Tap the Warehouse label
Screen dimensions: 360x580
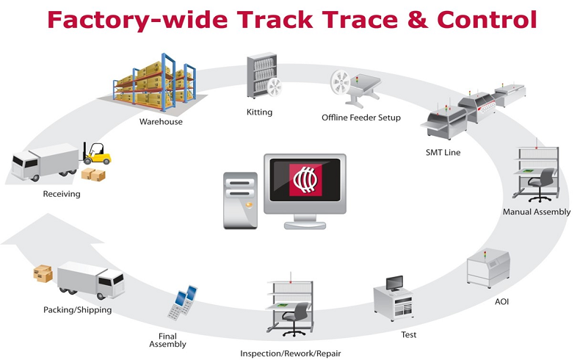pos(161,121)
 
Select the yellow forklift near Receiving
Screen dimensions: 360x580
pos(97,153)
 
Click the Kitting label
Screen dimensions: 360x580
pos(259,112)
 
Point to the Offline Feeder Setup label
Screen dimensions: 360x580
pos(361,118)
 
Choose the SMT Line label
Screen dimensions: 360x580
pos(443,152)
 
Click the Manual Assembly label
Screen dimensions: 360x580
pos(536,212)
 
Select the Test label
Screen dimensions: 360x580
pos(409,335)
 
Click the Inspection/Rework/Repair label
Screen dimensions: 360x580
pos(290,353)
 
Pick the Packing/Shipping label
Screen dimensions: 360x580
pos(77,310)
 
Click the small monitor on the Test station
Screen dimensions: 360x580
pos(395,283)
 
